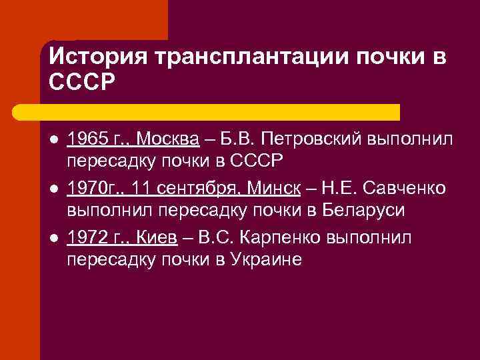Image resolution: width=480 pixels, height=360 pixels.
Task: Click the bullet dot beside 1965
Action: [53, 140]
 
